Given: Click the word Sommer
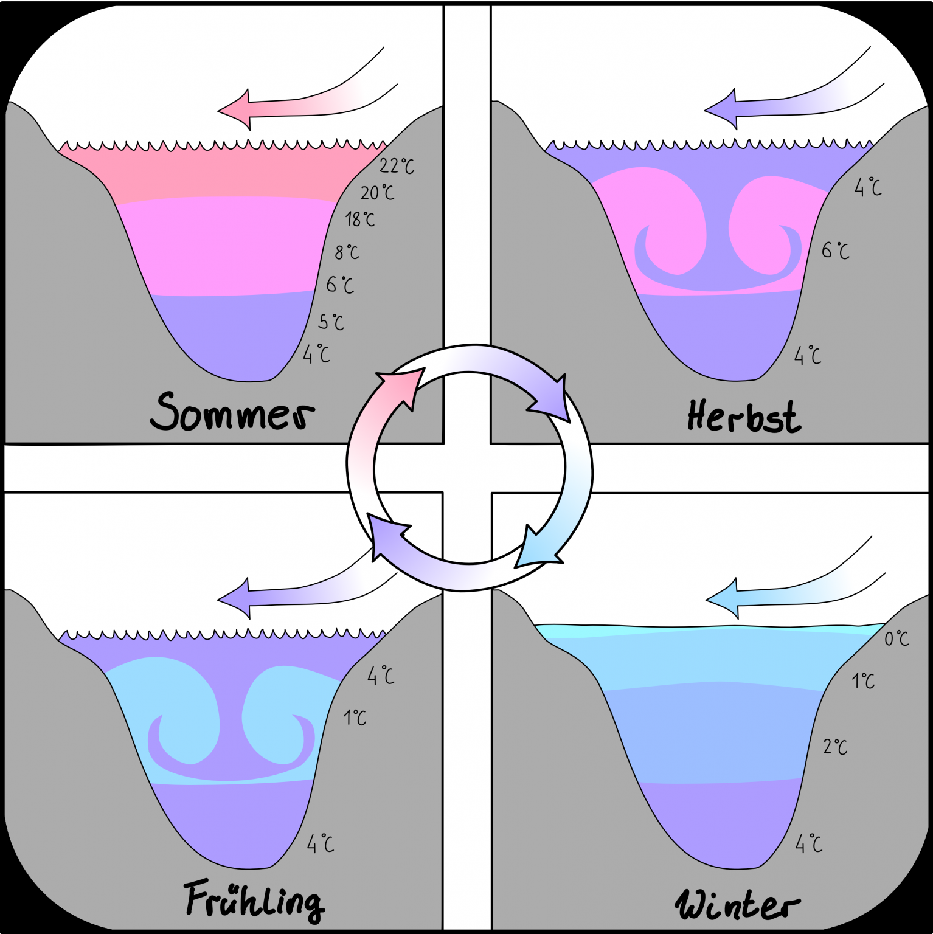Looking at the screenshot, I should pos(232,412).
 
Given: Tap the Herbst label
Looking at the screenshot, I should pos(743,417).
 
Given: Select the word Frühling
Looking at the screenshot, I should pos(254,900).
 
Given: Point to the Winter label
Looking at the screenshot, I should pos(737,904).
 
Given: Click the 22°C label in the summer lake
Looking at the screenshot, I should pos(397,166).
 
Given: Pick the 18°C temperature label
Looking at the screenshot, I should pos(359,219).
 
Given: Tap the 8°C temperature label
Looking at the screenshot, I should pos(347,252).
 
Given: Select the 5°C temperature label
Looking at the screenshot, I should pos(331,322).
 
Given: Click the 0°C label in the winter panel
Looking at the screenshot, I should pos(896,638).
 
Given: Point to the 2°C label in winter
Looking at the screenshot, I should pos(835,747).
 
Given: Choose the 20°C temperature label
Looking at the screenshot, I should pos(377,193).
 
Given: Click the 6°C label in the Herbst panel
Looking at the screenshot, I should pos(835,250).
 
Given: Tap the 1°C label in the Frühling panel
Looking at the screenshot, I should pos(355,718).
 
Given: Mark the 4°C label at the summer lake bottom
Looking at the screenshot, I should pos(316,354).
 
